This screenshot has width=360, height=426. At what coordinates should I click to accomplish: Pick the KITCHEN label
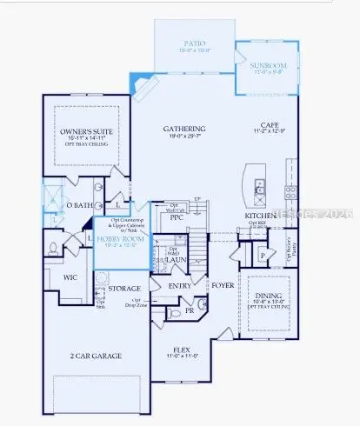[x=260, y=215]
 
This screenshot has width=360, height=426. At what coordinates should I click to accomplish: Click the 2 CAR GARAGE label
[x=96, y=356]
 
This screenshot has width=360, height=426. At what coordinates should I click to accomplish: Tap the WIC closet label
[x=72, y=277]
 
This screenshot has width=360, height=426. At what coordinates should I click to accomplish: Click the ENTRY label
[x=180, y=285]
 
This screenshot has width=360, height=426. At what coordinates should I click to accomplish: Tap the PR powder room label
[x=189, y=310]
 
